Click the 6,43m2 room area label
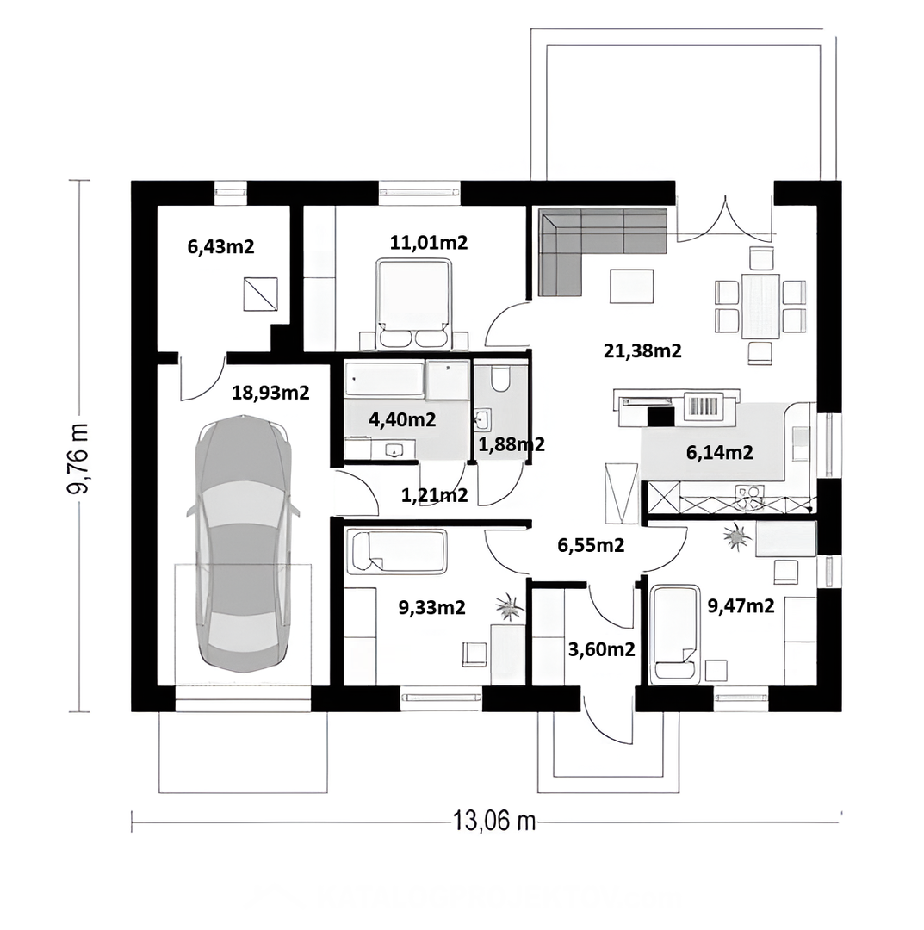[x=220, y=246]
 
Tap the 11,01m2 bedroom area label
[x=429, y=242]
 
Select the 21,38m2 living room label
[x=643, y=350]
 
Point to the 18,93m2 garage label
[x=270, y=393]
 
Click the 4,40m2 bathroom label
[x=402, y=420]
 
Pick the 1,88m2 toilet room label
[x=512, y=444]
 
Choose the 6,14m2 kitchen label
[x=719, y=453]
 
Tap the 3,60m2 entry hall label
[x=601, y=649]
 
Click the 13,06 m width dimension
[x=494, y=821]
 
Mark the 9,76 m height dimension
[x=78, y=458]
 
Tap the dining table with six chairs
[x=760, y=305]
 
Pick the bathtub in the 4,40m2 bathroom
[x=385, y=378]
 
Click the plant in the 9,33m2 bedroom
[x=510, y=607]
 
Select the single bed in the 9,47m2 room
[x=675, y=635]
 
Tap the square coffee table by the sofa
[x=632, y=287]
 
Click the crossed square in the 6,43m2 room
[x=260, y=294]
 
